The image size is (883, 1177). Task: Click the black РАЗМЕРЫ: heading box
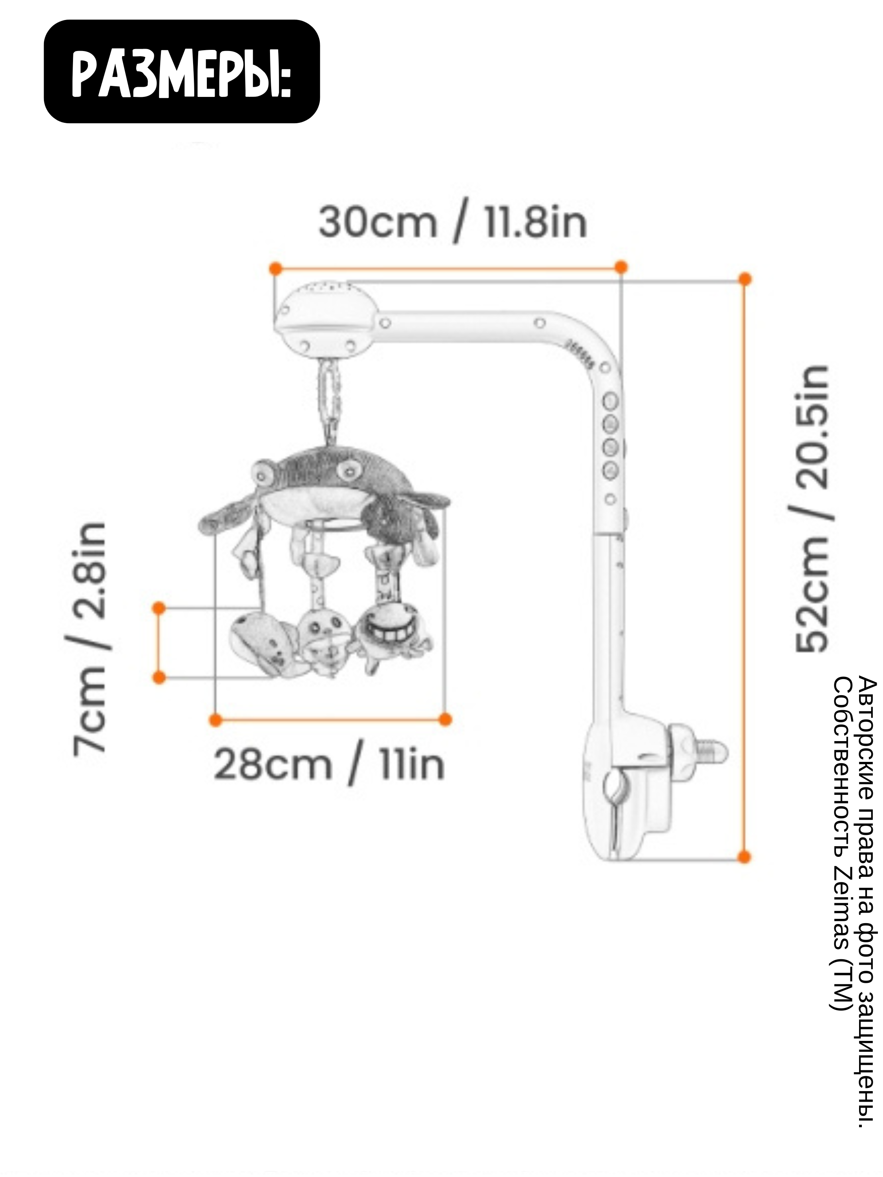pyautogui.click(x=181, y=71)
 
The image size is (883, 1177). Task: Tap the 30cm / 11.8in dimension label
pyautogui.click(x=452, y=224)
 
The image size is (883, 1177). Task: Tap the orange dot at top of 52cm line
pyautogui.click(x=745, y=279)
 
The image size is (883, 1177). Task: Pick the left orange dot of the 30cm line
pyautogui.click(x=275, y=269)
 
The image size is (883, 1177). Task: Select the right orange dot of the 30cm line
pyautogui.click(x=620, y=267)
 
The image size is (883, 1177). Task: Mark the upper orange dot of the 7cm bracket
pyautogui.click(x=159, y=608)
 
